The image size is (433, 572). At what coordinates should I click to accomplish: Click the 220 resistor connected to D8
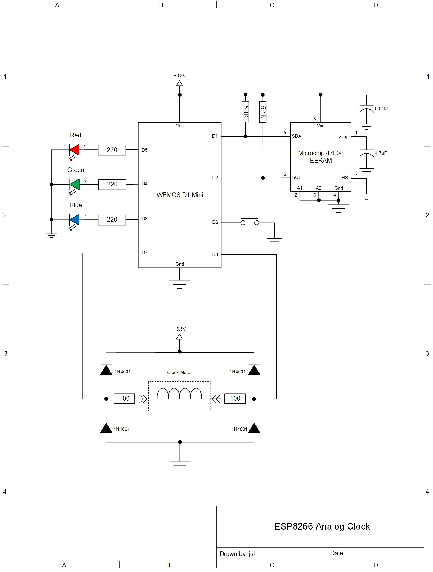(112, 220)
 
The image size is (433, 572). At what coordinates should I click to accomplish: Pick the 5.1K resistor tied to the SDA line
(245, 112)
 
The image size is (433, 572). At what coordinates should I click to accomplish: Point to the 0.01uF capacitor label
(382, 108)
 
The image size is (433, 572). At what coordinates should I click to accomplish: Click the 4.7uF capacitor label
(380, 153)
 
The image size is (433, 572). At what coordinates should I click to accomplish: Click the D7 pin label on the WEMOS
(145, 252)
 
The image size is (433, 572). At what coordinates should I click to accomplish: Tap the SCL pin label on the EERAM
(296, 177)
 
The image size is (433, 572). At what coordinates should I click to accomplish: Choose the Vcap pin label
(343, 137)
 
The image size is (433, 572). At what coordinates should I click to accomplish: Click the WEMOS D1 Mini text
(179, 195)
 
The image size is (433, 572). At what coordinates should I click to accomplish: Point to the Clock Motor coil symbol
(179, 394)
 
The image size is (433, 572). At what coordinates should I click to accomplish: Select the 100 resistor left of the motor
(124, 399)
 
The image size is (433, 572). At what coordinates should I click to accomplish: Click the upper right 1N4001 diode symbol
(254, 370)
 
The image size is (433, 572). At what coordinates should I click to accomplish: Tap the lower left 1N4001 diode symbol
(106, 428)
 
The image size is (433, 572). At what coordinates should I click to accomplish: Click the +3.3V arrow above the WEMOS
(179, 83)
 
